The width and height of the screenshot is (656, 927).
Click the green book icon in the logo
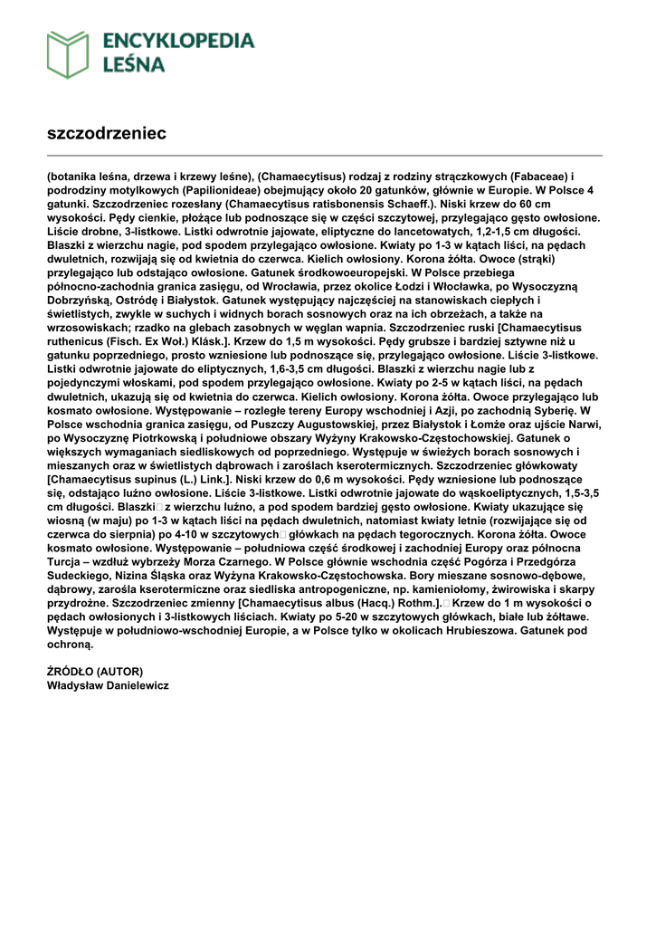[68, 54]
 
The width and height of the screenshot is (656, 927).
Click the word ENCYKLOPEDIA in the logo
[179, 41]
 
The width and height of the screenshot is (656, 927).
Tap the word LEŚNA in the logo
[134, 64]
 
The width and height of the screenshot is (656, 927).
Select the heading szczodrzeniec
[107, 133]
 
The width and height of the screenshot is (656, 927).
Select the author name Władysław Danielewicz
[108, 685]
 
